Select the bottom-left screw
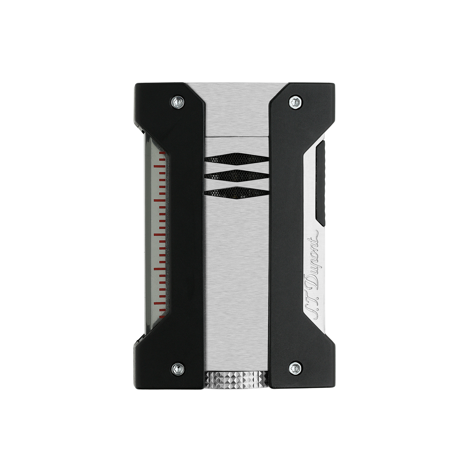178,369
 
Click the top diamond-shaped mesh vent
237,158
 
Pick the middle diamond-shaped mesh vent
237,176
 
